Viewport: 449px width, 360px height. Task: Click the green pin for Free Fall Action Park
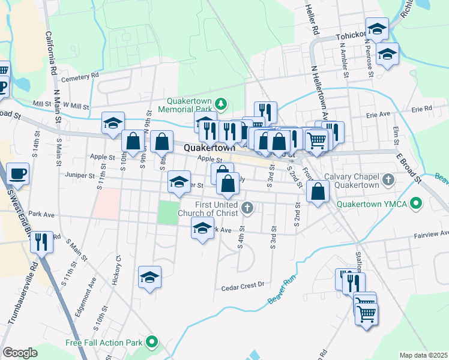coord(152,343)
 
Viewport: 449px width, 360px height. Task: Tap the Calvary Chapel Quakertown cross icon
coord(388,179)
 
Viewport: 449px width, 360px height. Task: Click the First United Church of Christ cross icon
coord(247,209)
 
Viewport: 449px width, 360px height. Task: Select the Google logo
coord(20,353)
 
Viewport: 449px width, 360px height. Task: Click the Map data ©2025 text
coord(423,355)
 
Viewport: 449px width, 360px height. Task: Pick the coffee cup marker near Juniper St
coord(17,174)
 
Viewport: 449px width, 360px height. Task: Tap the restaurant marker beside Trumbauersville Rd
coord(41,243)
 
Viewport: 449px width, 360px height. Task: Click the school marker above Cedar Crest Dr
coord(149,277)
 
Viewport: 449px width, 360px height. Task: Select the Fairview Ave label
coord(432,233)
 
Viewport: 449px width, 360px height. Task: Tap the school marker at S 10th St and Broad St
coord(113,124)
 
